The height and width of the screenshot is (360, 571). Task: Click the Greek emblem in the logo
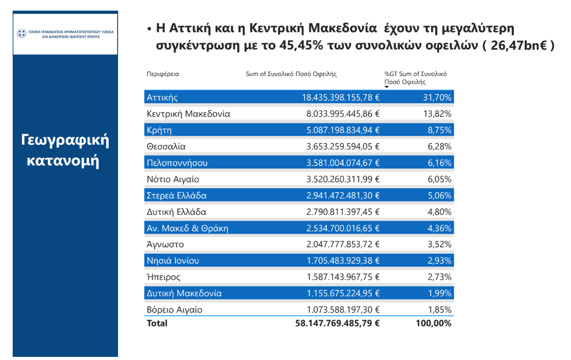pyautogui.click(x=21, y=34)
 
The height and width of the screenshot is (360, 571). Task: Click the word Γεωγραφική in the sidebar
pyautogui.click(x=65, y=140)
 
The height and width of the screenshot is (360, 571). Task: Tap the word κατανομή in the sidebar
pyautogui.click(x=63, y=161)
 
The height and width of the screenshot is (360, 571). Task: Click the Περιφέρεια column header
pyautogui.click(x=163, y=74)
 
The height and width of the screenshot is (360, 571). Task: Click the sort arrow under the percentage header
pyautogui.click(x=387, y=87)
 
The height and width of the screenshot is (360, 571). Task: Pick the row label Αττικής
pyautogui.click(x=162, y=97)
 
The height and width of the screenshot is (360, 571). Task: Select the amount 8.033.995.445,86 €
pyautogui.click(x=343, y=114)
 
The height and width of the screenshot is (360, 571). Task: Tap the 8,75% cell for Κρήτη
pyautogui.click(x=440, y=130)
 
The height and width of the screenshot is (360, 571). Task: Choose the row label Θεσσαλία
pyautogui.click(x=166, y=146)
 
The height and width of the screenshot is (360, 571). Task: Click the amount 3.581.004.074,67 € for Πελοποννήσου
pyautogui.click(x=343, y=163)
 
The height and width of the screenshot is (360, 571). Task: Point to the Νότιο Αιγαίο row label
pyautogui.click(x=172, y=179)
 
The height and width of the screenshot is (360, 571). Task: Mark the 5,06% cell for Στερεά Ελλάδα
pyautogui.click(x=440, y=196)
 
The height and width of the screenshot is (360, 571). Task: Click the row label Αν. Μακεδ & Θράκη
pyautogui.click(x=187, y=228)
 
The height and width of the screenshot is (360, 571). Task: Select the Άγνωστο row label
pyautogui.click(x=165, y=244)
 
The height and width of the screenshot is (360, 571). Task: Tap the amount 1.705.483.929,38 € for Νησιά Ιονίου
pyautogui.click(x=343, y=261)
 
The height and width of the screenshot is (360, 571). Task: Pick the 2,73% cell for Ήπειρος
pyautogui.click(x=440, y=277)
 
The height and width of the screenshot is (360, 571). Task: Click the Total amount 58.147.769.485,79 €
pyautogui.click(x=337, y=323)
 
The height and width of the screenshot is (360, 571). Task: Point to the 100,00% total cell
pyautogui.click(x=433, y=323)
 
